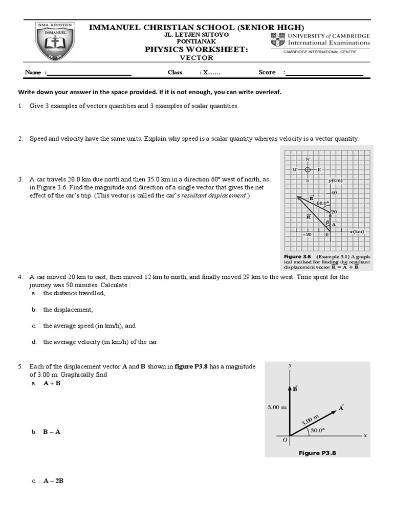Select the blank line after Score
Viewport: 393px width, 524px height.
tap(324, 73)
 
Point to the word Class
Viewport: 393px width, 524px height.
tap(175, 72)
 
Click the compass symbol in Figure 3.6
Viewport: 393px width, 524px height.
tap(308, 169)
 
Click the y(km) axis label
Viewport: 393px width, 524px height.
tap(336, 181)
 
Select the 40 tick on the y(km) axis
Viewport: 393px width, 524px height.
tap(334, 192)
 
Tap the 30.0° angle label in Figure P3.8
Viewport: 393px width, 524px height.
tap(317, 430)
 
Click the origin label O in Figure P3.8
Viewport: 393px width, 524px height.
tap(285, 440)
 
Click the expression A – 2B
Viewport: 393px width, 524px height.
tap(53, 481)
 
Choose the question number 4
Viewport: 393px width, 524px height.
tap(20, 277)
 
